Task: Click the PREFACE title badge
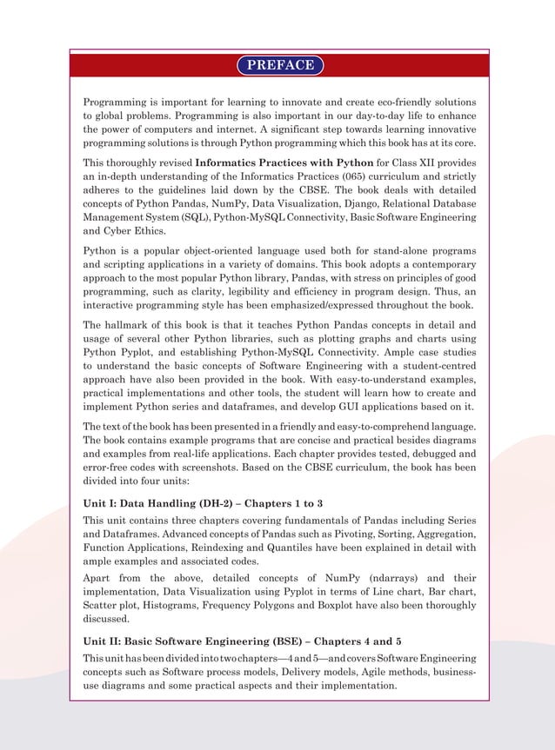tap(279, 65)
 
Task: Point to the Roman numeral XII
tap(447, 163)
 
